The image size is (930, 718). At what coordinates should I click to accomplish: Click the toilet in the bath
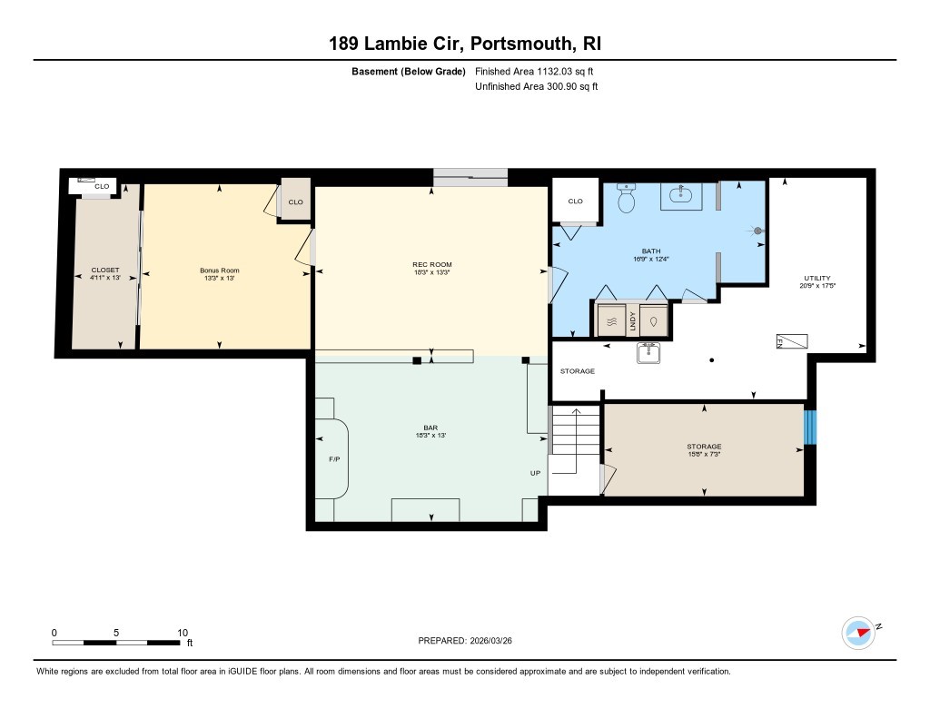(627, 199)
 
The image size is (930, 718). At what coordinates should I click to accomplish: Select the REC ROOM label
(431, 265)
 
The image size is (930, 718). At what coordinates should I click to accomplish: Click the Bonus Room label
(219, 270)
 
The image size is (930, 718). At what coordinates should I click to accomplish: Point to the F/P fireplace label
(333, 459)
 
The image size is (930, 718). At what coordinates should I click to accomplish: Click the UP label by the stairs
(536, 473)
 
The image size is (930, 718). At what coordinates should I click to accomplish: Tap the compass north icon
(858, 632)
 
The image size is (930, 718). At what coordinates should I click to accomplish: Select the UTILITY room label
(816, 279)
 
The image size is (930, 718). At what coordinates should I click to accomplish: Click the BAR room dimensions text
(431, 436)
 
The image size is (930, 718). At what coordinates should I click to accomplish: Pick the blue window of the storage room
(811, 428)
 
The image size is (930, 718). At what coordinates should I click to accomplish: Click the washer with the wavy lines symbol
(611, 321)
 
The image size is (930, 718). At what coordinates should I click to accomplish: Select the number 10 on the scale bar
(183, 632)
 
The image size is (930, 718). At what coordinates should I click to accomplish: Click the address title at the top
(464, 44)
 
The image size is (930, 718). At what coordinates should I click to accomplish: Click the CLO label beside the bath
(575, 202)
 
